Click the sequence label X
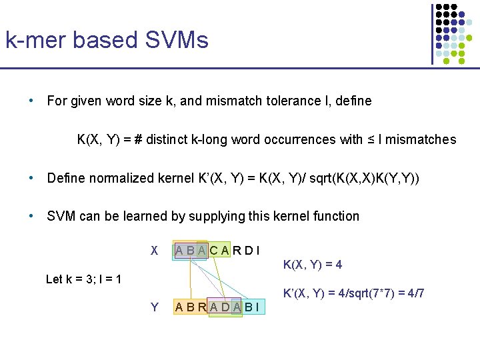coord(154,251)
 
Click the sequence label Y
coord(154,307)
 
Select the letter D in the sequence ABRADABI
coord(225,307)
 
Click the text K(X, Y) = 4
coord(313,265)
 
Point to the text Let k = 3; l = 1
coord(83,279)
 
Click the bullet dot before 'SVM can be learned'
coord(31,216)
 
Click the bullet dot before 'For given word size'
coord(31,101)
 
